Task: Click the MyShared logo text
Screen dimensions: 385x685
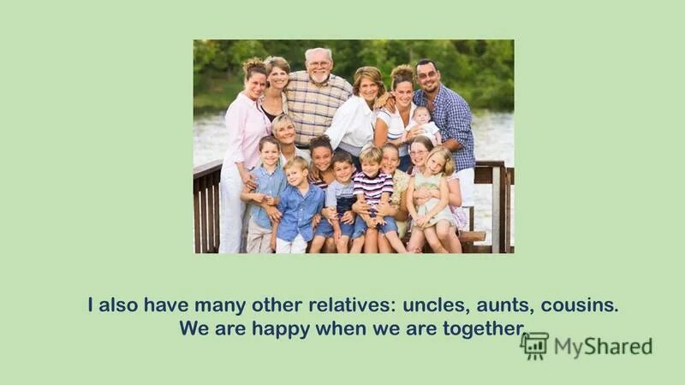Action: [603, 346]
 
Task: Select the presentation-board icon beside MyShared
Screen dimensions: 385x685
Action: [534, 346]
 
